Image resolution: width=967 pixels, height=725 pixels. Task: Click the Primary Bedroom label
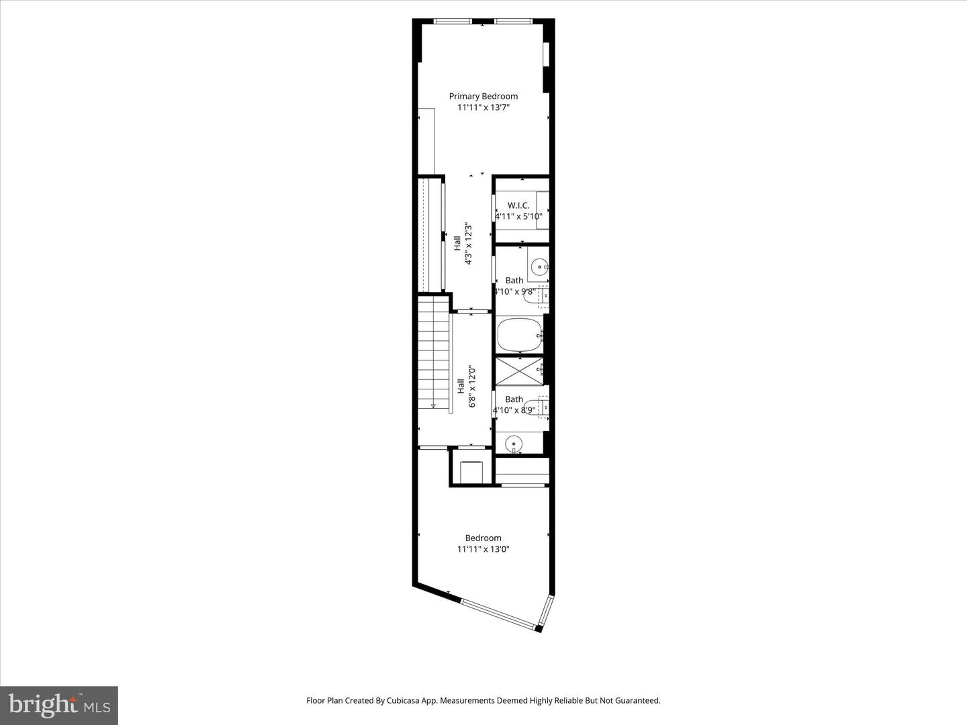click(483, 96)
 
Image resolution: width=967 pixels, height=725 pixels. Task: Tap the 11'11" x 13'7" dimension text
click(483, 107)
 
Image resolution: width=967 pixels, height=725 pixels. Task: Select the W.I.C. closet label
click(518, 205)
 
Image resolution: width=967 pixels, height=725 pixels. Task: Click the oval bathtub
click(519, 334)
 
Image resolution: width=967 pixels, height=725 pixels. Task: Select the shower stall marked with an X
click(519, 371)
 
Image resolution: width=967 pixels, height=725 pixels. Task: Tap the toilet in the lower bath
click(541, 407)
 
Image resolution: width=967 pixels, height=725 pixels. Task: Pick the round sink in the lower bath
click(514, 443)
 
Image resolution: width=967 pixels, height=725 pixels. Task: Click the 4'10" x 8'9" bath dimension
click(514, 410)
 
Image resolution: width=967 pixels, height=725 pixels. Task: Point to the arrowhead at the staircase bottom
click(433, 405)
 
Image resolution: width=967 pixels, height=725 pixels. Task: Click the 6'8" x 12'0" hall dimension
click(472, 386)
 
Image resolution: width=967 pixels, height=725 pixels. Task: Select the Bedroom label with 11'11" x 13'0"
click(483, 538)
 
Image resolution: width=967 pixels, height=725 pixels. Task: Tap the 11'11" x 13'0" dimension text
click(483, 549)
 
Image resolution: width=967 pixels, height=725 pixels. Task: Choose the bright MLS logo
click(58, 705)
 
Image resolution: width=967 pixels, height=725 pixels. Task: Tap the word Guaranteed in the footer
click(638, 700)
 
